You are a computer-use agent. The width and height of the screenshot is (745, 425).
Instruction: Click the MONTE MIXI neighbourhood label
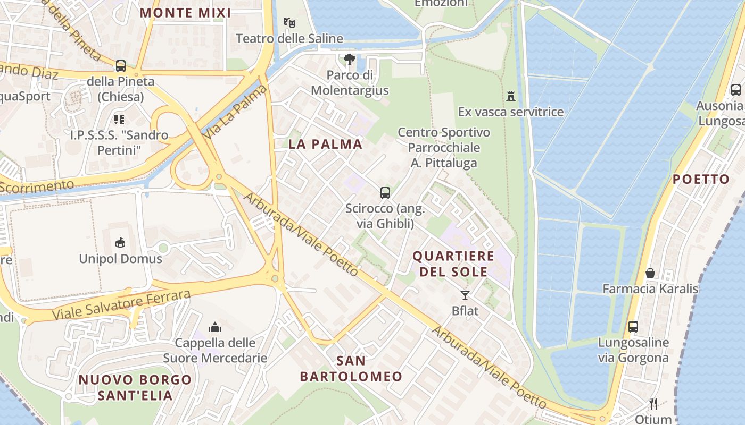(185, 13)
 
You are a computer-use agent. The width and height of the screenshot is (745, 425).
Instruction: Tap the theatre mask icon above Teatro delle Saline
(289, 23)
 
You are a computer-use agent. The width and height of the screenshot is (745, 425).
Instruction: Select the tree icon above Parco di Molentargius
(349, 59)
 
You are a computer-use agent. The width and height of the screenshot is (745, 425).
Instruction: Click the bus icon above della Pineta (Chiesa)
(121, 66)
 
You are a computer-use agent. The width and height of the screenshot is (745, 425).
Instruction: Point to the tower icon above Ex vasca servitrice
(511, 96)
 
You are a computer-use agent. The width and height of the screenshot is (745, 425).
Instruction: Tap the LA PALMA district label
(325, 144)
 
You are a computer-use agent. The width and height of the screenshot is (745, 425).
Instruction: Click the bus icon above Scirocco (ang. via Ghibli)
(385, 193)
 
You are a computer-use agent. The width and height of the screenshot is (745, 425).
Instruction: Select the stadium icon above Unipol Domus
(120, 243)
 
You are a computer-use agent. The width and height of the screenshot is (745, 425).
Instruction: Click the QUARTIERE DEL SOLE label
(453, 263)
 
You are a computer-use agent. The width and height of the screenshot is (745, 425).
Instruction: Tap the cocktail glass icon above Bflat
(465, 295)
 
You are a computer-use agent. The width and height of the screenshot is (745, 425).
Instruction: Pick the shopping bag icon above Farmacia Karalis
(650, 273)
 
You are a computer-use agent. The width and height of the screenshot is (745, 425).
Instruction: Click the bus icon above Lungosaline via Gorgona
(633, 326)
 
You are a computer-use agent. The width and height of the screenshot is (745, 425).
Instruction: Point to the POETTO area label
(701, 179)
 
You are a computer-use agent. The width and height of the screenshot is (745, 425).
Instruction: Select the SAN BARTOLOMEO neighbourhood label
(351, 369)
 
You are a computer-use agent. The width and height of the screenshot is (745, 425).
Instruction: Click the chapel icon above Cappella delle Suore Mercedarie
(215, 327)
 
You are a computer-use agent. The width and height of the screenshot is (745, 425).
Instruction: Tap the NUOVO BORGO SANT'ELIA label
(135, 387)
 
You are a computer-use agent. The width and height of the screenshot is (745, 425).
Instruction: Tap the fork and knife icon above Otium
(653, 404)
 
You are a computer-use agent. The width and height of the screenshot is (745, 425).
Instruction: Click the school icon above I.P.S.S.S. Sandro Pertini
(119, 120)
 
